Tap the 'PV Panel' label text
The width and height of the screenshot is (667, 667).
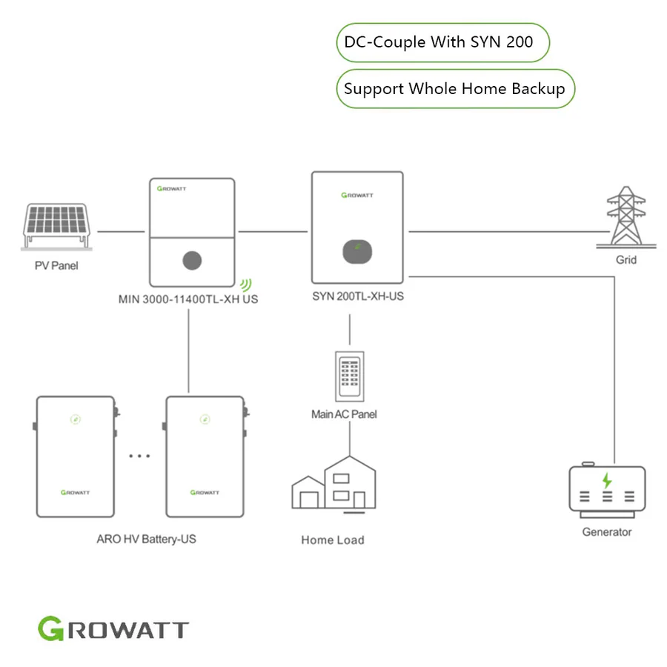click(x=56, y=265)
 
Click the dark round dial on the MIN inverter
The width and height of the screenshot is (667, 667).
click(x=192, y=261)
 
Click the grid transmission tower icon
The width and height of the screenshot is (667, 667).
click(x=625, y=216)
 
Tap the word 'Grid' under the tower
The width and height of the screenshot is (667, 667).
click(x=625, y=260)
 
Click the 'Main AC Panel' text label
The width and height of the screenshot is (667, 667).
click(x=344, y=414)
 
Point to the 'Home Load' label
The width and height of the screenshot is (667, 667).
click(x=333, y=540)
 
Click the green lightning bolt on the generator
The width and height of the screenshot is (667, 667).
click(x=607, y=480)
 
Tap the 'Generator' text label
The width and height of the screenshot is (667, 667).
click(x=607, y=532)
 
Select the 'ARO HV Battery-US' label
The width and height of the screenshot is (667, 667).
click(x=146, y=539)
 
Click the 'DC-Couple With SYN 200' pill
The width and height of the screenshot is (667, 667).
click(x=443, y=42)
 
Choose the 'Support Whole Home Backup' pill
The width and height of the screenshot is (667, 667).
click(x=455, y=89)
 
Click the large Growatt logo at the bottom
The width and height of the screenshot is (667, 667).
click(x=113, y=630)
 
